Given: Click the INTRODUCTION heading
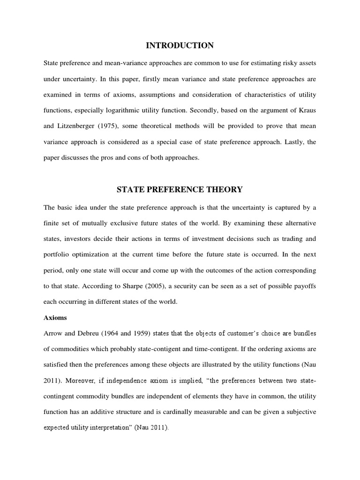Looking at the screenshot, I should (180, 45).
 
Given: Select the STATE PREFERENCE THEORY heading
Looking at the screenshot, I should (180, 189).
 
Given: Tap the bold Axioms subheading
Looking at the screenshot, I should (55, 317).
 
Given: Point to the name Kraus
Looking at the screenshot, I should (306, 110).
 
